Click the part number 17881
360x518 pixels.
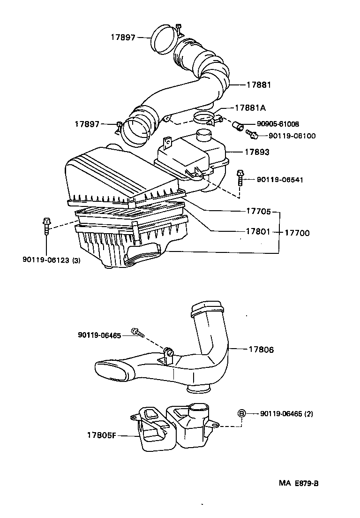(x=259, y=85)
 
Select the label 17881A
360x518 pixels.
(x=250, y=107)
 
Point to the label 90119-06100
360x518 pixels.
(x=292, y=136)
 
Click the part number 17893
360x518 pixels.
(x=257, y=152)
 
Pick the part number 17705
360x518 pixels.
(x=258, y=212)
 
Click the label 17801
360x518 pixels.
(x=258, y=232)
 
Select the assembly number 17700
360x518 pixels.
(x=297, y=232)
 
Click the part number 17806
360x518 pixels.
(x=261, y=350)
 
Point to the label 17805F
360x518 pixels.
(x=101, y=435)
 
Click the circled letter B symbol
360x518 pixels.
(x=241, y=413)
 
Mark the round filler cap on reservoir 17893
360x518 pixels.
(x=204, y=135)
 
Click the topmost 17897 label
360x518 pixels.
(x=123, y=37)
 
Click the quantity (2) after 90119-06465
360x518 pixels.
(x=308, y=414)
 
